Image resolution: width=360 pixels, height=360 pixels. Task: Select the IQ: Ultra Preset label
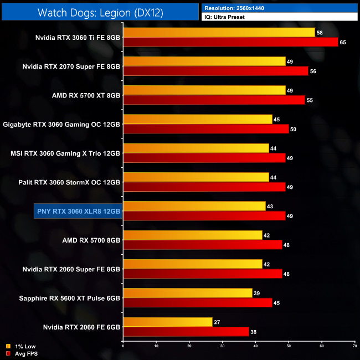224,17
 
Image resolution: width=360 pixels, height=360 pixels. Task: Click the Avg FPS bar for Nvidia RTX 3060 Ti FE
230,42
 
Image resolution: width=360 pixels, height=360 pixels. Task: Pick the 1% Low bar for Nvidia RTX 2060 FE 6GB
168,322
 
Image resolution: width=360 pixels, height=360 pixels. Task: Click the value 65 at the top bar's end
343,43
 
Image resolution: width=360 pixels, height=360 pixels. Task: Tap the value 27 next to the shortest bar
218,322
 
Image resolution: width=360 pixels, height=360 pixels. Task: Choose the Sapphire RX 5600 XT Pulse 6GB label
70,297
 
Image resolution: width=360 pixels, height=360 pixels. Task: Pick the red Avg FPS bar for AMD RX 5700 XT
214,100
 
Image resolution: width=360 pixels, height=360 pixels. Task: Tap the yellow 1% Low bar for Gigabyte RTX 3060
198,120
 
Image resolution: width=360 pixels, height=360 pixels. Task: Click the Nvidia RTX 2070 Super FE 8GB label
71,67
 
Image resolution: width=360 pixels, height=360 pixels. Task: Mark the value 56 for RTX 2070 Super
313,71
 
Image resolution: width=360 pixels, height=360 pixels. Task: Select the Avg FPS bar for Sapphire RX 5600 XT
197,302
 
